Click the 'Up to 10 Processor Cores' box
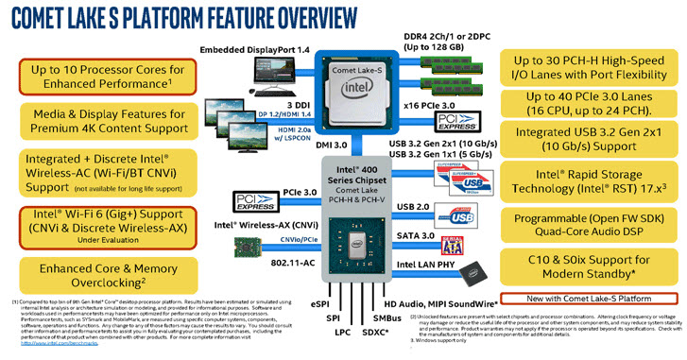(x=100, y=78)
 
